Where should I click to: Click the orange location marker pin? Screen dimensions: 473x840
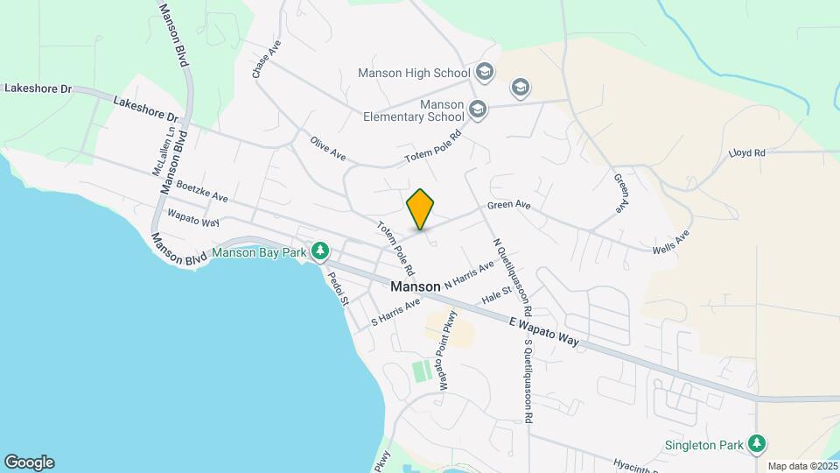(x=421, y=208)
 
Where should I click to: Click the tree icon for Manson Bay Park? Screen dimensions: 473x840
(x=320, y=252)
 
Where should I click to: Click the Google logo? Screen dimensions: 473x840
(x=29, y=462)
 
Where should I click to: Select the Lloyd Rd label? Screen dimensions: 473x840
(x=746, y=152)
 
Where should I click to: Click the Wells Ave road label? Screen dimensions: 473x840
(x=671, y=243)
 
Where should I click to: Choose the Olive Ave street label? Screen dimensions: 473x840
(x=327, y=147)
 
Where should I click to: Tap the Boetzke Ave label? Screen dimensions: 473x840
(x=202, y=192)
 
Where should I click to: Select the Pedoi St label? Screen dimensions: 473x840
(x=338, y=288)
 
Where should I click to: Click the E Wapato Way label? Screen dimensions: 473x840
(x=544, y=334)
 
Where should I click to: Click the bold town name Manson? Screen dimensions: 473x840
(x=416, y=286)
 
